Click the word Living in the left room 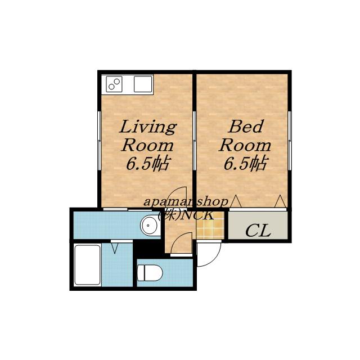(148, 127)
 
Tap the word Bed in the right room (246, 127)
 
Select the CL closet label (258, 231)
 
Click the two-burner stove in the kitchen (114, 84)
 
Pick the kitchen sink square (143, 84)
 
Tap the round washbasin (150, 225)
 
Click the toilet (150, 273)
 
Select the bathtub (88, 265)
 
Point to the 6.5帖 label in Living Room (147, 164)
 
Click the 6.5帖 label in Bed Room (245, 164)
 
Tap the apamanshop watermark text (186, 202)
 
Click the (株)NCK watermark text (186, 215)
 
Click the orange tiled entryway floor (210, 225)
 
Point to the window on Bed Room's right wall (290, 141)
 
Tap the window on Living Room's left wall (100, 141)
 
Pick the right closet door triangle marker (280, 201)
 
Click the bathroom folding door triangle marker (115, 249)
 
